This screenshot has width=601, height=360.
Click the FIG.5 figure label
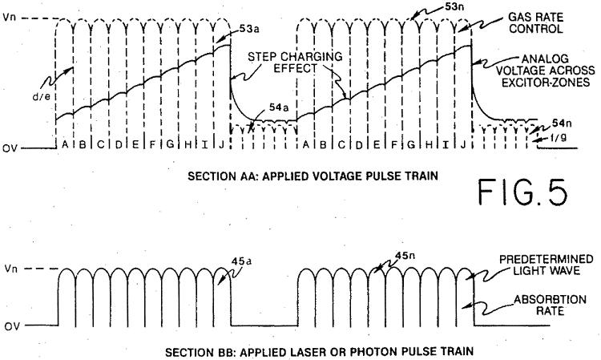point(522,192)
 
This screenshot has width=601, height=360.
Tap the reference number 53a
point(249,29)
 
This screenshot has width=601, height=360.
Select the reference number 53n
point(454,7)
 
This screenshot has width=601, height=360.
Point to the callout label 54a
point(279,107)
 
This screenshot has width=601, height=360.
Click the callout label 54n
point(562,123)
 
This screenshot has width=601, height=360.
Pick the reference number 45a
point(241,261)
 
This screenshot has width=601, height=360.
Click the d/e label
point(41,96)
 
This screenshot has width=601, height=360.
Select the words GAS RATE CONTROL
point(536,23)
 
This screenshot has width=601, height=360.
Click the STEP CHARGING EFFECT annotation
point(295,63)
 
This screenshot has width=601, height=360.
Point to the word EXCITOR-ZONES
point(546,82)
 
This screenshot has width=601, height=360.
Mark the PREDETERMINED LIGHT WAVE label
point(547,265)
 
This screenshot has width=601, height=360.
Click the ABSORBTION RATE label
point(550,305)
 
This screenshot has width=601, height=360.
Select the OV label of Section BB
point(12,326)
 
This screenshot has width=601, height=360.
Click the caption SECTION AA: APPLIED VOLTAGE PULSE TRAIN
point(313,176)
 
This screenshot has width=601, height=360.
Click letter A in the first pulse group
point(65,144)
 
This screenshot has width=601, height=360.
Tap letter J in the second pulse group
point(463,144)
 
